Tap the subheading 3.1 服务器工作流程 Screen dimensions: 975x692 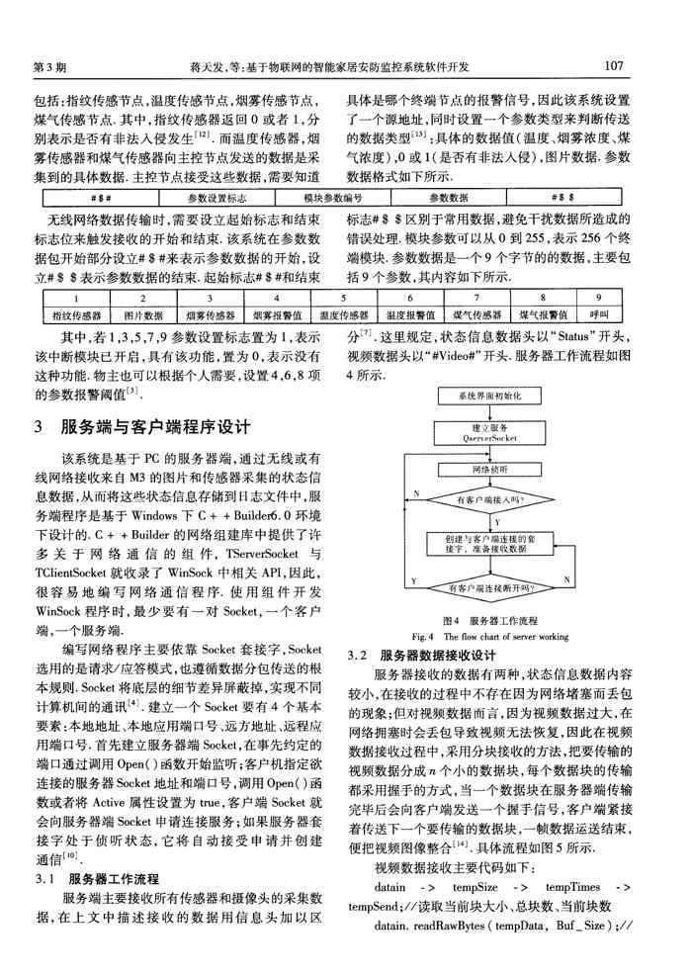click(100, 877)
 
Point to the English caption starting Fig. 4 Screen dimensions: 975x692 click(490, 635)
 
